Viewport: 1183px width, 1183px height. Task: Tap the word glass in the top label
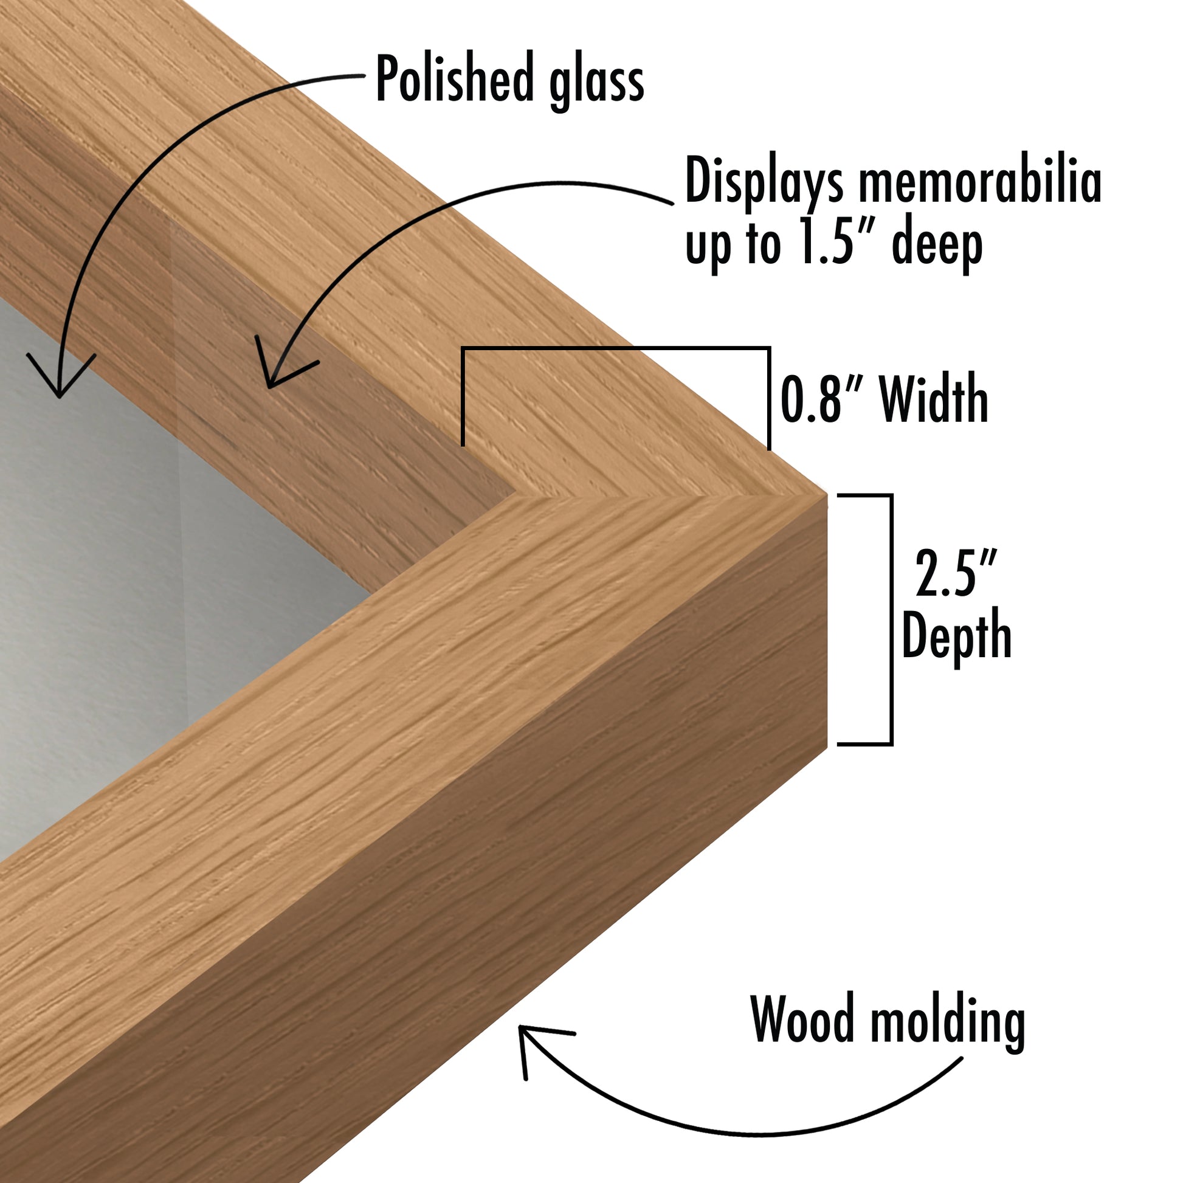pos(597,83)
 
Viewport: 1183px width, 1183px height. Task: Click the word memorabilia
pos(981,180)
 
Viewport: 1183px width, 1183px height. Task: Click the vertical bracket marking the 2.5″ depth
pos(891,619)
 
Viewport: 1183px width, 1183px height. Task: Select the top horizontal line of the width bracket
pos(615,349)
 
